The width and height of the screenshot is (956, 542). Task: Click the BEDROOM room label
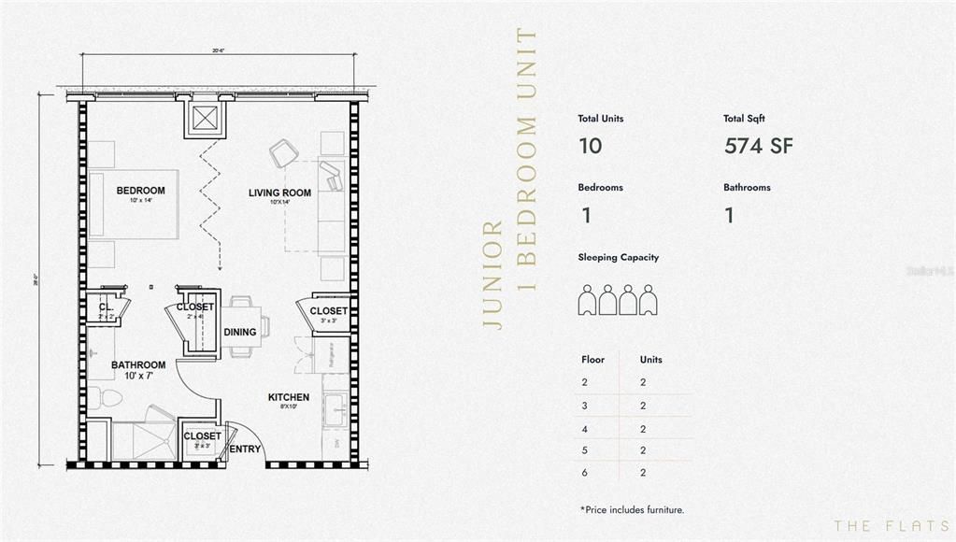[140, 191]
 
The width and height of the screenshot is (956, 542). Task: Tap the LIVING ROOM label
[278, 193]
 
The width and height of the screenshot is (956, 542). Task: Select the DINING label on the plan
[239, 332]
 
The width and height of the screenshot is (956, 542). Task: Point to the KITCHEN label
[288, 397]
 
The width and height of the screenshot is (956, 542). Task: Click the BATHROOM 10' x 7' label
[138, 365]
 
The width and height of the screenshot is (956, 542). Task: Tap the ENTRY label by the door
[245, 449]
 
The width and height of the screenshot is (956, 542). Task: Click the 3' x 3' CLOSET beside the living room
[328, 311]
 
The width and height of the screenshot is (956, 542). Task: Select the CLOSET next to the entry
[202, 435]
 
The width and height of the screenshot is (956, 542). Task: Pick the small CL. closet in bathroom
[106, 307]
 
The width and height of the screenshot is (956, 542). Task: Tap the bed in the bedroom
[133, 204]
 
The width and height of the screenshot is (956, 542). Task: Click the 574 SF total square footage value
[758, 146]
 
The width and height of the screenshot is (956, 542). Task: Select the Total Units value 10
[590, 146]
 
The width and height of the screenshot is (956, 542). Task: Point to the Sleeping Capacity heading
[617, 257]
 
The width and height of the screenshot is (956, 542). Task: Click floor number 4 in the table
[586, 429]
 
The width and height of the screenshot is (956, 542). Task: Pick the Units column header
[650, 359]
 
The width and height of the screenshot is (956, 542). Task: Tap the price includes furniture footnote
[632, 509]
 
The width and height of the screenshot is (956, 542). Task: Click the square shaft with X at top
[205, 118]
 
